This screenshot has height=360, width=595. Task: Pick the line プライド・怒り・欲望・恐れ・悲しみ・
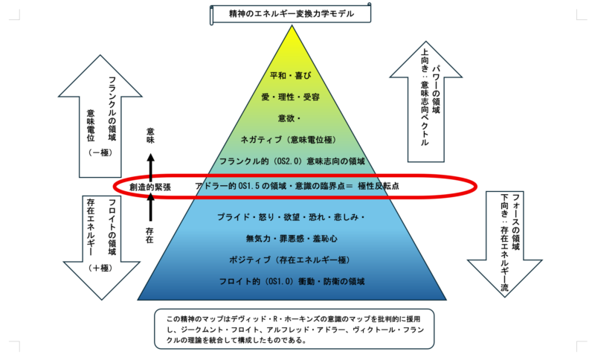pyautogui.click(x=292, y=217)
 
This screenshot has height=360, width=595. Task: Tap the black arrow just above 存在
pyautogui.click(x=150, y=210)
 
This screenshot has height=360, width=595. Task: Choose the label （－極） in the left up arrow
pyautogui.click(x=99, y=152)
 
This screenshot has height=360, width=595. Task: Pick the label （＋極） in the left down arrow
pyautogui.click(x=99, y=266)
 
